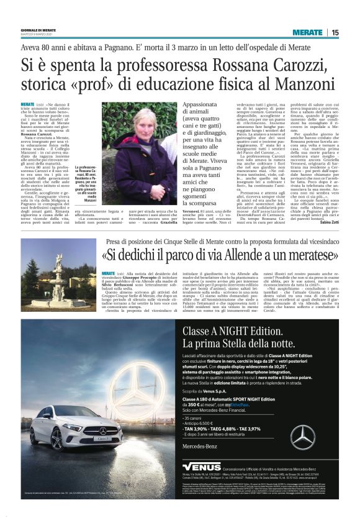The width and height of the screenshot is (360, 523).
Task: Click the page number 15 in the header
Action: (x=335, y=33)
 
